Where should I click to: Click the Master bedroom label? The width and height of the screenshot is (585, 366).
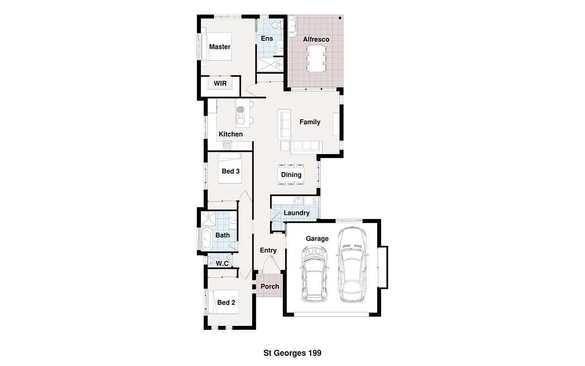click(x=220, y=47)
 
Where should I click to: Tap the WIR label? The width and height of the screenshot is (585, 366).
click(x=220, y=83)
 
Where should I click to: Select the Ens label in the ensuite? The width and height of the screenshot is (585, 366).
click(x=267, y=38)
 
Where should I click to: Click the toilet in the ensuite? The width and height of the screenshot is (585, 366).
click(x=276, y=25)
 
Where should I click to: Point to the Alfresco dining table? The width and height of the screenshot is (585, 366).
click(x=316, y=59)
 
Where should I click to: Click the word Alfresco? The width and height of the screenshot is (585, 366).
click(x=316, y=39)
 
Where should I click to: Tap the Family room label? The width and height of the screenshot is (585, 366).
click(x=310, y=122)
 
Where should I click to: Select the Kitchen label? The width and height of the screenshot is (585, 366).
click(x=231, y=134)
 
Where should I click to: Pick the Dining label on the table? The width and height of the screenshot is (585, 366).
click(x=291, y=175)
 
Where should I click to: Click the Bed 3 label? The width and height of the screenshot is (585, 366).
click(x=231, y=171)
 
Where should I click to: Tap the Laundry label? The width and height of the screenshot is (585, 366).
click(x=297, y=213)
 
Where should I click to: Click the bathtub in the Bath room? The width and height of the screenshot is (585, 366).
click(x=207, y=238)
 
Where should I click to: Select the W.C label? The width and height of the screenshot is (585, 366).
click(x=222, y=264)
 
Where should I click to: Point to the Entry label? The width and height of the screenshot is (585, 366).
click(x=268, y=250)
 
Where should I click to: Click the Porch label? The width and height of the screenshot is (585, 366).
click(x=270, y=286)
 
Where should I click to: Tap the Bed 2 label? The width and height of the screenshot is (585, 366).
click(x=226, y=302)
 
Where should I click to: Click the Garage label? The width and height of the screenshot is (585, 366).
click(x=317, y=239)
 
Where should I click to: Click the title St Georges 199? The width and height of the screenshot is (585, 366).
click(x=292, y=353)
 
